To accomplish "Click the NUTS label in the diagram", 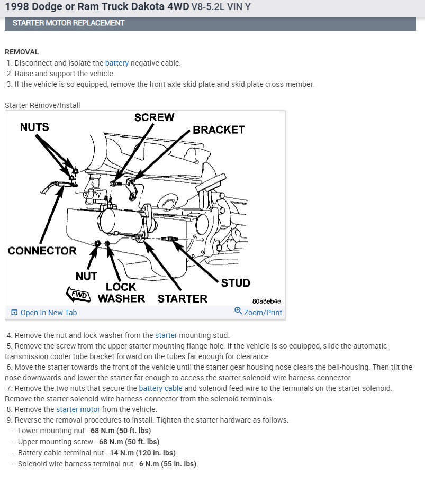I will click(34, 127).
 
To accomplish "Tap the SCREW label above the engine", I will click(154, 117).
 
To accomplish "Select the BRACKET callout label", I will click(219, 130).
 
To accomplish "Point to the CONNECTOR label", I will click(42, 251).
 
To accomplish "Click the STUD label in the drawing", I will click(236, 282).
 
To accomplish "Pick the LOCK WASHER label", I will click(121, 292).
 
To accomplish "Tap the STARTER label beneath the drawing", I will click(183, 298).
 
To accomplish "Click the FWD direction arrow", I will click(78, 294).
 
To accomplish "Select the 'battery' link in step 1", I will click(117, 63).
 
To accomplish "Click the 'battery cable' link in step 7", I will click(160, 388).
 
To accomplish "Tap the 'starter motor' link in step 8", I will click(78, 409).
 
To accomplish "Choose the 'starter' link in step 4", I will click(166, 335).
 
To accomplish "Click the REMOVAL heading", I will click(22, 52).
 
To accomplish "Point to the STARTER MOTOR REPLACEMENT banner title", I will click(68, 23).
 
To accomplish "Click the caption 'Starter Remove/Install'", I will click(42, 105).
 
